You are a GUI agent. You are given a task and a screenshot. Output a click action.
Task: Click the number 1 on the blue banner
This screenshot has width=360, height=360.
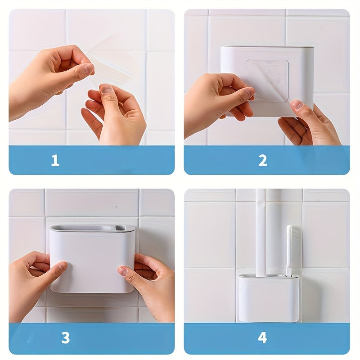pyautogui.click(x=55, y=160)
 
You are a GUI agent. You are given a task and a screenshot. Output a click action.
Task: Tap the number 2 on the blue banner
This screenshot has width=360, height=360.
pyautogui.click(x=263, y=160)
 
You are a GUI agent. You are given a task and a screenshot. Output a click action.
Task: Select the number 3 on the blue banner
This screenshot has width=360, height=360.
pyautogui.click(x=65, y=338)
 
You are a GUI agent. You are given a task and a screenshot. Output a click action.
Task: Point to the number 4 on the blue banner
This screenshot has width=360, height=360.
pyautogui.click(x=262, y=338)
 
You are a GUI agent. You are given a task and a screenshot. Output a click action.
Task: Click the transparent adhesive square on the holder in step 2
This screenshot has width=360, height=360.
pyautogui.click(x=267, y=80)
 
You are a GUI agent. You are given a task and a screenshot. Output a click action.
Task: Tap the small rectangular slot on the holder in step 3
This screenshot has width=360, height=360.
pyautogui.click(x=120, y=228)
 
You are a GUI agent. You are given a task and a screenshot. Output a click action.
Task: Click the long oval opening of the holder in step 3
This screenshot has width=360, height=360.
pyautogui.click(x=81, y=228)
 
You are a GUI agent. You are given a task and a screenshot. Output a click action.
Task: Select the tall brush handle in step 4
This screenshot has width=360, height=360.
pyautogui.click(x=261, y=232)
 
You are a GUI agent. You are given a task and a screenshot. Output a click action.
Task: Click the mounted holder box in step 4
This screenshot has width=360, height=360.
pyautogui.click(x=269, y=298)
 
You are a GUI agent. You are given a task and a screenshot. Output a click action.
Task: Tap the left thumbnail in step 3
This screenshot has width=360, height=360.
pyautogui.click(x=62, y=266)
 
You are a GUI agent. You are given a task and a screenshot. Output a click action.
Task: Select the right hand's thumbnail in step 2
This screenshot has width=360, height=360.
pyautogui.click(x=297, y=104)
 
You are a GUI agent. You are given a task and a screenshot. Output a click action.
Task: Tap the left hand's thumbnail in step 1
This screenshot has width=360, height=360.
pyautogui.click(x=88, y=69)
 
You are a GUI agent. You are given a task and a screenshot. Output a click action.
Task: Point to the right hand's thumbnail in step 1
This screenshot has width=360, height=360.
pyautogui.click(x=106, y=89)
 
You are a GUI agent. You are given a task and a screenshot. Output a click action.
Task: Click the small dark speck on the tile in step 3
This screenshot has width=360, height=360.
pyautogui.click(x=117, y=207)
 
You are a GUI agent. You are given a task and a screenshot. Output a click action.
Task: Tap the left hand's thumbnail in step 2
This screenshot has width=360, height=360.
pyautogui.click(x=249, y=92)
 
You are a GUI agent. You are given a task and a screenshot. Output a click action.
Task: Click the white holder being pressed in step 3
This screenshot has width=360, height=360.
pyautogui.click(x=92, y=259)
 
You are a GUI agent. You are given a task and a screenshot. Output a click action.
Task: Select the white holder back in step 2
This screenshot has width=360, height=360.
pyautogui.click(x=267, y=81)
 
